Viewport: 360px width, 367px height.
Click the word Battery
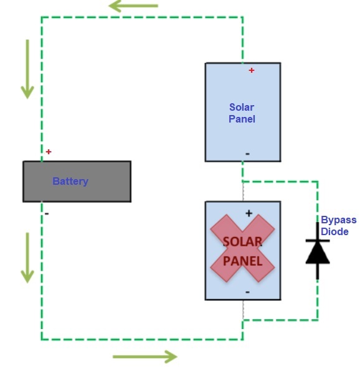point(70,182)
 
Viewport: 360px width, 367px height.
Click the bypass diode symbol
point(318,251)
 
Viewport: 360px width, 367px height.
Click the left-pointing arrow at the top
point(133,6)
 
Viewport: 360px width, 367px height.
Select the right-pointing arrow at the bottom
point(144,356)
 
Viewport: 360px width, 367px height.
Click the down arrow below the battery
point(27,258)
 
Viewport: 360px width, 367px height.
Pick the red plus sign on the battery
point(49,152)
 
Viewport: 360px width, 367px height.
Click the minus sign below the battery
point(47,213)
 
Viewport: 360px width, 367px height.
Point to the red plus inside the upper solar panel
point(252,70)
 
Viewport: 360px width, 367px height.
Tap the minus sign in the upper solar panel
point(247,153)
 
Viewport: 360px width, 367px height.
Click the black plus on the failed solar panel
point(249,213)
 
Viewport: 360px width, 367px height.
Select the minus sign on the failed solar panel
point(247,291)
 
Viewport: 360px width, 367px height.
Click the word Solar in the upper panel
point(242,107)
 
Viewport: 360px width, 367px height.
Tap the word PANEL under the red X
point(242,261)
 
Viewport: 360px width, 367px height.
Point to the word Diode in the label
point(335,231)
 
